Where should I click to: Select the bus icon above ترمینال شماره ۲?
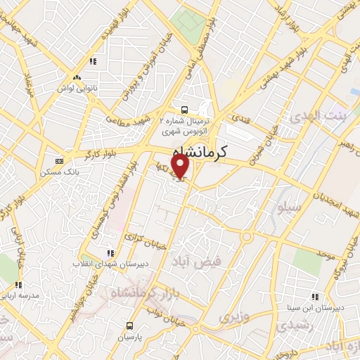184,109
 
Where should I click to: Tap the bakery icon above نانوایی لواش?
76,78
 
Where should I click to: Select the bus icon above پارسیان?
129,325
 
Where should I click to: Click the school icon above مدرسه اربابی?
19,285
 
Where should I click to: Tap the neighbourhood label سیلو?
290,208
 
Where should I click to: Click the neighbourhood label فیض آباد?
200,260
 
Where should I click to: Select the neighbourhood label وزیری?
233,317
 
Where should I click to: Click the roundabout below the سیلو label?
245,237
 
